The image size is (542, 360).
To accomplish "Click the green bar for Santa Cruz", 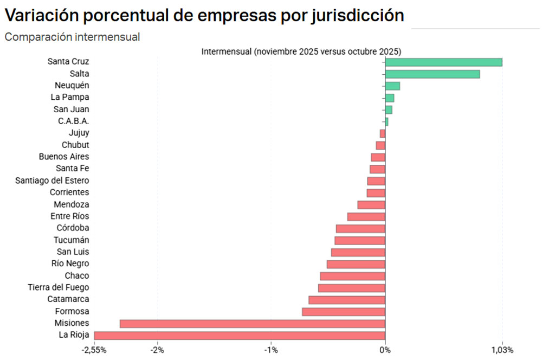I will [443, 62].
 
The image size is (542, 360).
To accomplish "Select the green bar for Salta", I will [432, 74].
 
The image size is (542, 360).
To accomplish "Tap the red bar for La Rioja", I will [240, 335].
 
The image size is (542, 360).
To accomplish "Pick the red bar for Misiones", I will [252, 324].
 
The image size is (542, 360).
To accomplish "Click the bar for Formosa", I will [344, 312].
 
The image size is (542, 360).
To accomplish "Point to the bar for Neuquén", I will [392, 86].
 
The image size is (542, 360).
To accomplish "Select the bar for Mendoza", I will [371, 205].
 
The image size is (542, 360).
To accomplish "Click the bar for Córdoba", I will [360, 228].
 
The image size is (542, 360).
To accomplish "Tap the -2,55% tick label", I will [93, 349].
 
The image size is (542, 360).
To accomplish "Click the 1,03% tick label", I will [502, 349].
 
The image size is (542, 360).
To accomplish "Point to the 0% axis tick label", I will [385, 349].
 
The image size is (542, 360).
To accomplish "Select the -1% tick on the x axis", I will [271, 349].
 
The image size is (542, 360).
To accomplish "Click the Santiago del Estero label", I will [52, 181].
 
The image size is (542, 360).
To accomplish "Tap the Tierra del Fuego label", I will [59, 287].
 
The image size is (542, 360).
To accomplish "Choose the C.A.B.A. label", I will [73, 121].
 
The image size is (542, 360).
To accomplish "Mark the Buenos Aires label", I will [64, 157].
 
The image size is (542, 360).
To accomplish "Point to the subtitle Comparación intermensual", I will [72, 37].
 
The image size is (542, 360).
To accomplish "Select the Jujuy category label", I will [79, 133].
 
